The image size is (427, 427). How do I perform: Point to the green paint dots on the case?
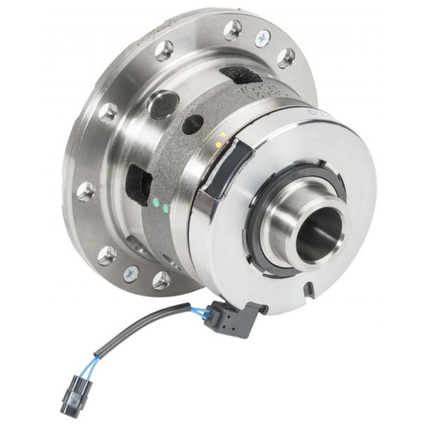coord(160,206)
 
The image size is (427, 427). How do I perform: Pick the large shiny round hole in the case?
coord(161,105)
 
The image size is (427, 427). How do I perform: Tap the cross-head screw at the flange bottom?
coord(130,272)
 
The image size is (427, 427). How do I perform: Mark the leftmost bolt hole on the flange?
coord(85,190)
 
